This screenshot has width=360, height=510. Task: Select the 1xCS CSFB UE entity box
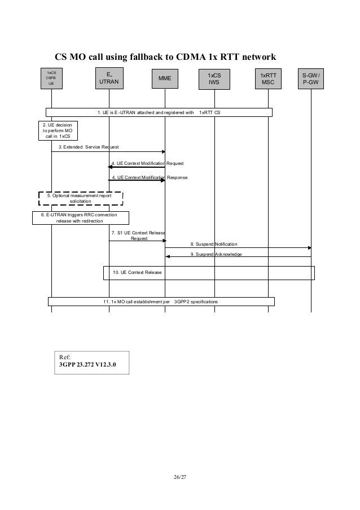[51, 78]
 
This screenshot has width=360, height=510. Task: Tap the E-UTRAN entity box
[109, 78]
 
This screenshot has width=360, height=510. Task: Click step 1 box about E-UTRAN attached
[159, 112]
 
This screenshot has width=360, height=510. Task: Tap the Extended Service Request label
[89, 147]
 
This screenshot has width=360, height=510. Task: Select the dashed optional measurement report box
[80, 198]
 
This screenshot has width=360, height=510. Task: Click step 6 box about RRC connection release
[80, 218]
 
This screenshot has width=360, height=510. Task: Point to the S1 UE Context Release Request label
[138, 235]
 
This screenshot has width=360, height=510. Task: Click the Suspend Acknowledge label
[216, 255]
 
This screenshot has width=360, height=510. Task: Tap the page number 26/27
[180, 477]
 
